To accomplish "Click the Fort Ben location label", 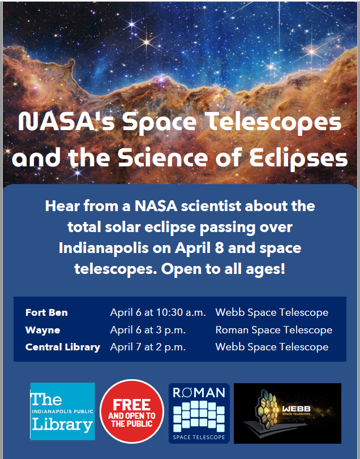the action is point(46,312).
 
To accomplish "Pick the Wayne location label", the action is point(42,330).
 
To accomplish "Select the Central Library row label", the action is point(63,347).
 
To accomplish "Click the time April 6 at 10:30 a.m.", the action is point(158,312).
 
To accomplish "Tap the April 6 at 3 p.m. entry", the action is point(148,330).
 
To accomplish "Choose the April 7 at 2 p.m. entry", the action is point(148,347).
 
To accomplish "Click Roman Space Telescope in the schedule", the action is point(273,330).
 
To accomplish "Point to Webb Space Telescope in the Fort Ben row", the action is point(272,312).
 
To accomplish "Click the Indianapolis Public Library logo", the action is point(63,411).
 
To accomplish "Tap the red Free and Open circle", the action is point(132,411).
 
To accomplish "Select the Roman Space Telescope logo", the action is point(199,413).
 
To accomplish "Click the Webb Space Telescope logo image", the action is point(288,413).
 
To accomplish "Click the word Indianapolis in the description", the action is point(104,248).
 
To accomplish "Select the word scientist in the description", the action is point(211,206).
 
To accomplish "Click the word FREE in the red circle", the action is point(132,405).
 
